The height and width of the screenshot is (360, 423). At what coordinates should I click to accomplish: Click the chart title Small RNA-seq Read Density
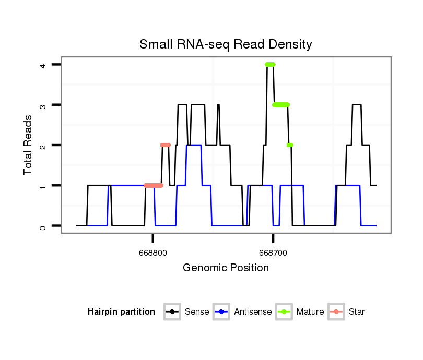pyautogui.click(x=226, y=45)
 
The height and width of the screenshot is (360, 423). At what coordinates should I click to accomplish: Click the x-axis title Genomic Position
pyautogui.click(x=226, y=268)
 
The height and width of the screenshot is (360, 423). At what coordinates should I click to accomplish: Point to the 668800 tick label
pyautogui.click(x=152, y=253)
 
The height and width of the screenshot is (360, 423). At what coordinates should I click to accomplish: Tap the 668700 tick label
pyautogui.click(x=273, y=253)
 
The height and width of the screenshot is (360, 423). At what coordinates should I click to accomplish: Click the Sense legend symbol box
pyautogui.click(x=172, y=312)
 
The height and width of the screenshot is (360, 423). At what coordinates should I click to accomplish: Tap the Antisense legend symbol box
pyautogui.click(x=221, y=312)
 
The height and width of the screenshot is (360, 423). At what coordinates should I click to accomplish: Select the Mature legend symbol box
pyautogui.click(x=284, y=312)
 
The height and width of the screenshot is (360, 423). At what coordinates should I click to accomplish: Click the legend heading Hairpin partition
pyautogui.click(x=121, y=312)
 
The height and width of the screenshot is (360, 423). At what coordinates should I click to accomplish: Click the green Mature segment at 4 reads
pyautogui.click(x=270, y=65)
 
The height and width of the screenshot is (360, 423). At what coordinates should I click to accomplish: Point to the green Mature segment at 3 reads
pyautogui.click(x=281, y=105)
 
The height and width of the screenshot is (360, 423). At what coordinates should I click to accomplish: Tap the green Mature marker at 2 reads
pyautogui.click(x=290, y=145)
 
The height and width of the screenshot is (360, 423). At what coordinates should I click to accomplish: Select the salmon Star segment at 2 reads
pyautogui.click(x=166, y=145)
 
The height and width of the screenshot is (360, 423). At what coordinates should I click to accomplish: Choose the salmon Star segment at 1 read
pyautogui.click(x=154, y=186)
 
